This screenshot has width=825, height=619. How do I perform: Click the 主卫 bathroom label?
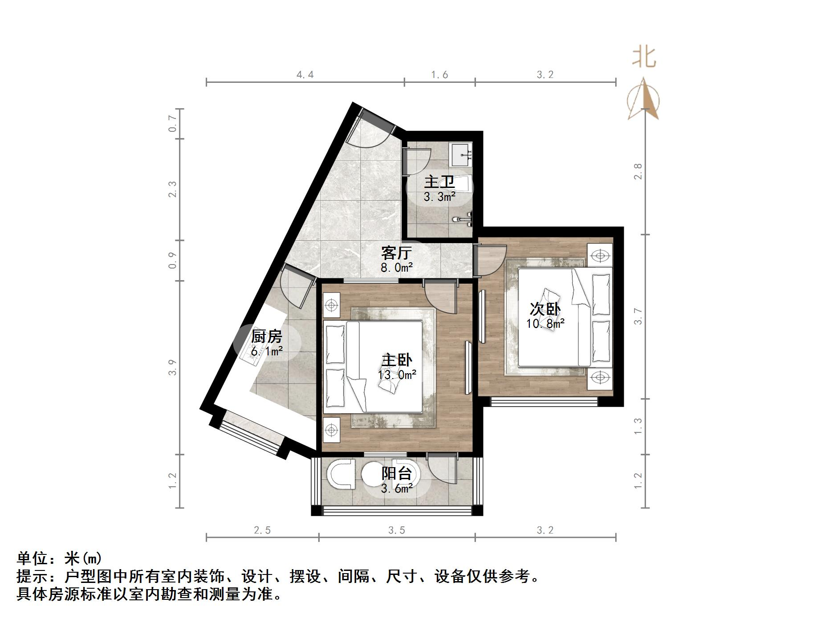(x=439, y=182)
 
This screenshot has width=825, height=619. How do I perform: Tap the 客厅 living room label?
(x=396, y=252)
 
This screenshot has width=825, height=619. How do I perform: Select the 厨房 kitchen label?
(x=266, y=336)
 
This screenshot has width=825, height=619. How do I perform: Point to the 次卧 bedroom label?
(x=545, y=309)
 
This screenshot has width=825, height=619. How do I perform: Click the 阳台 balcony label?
(x=396, y=473)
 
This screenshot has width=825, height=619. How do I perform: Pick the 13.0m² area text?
(x=397, y=375)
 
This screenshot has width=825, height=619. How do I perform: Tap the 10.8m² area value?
(x=545, y=324)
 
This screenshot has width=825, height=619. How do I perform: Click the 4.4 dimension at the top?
(x=305, y=75)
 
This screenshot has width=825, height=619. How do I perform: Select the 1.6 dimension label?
(x=439, y=75)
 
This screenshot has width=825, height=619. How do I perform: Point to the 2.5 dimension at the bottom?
(x=262, y=530)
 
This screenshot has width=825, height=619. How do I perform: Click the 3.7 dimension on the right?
(x=638, y=316)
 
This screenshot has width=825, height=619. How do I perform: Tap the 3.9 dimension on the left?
(x=173, y=367)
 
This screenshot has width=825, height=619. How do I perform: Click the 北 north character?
(x=644, y=58)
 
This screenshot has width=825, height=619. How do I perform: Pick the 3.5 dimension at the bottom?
(x=397, y=530)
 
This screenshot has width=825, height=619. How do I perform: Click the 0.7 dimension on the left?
(x=173, y=123)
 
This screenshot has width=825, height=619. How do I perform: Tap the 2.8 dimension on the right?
(x=638, y=171)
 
